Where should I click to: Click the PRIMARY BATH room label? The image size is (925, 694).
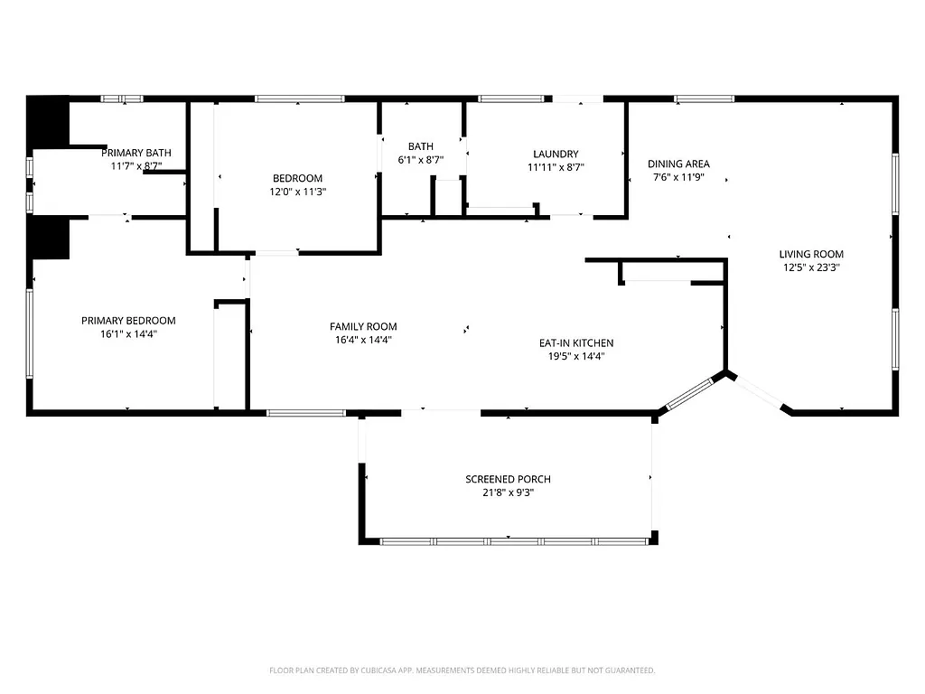(135, 153)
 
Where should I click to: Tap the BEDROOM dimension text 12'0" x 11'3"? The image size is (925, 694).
(297, 192)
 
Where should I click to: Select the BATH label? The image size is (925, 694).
(420, 146)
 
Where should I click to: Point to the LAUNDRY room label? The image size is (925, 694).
(556, 155)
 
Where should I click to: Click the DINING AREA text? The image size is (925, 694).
(678, 164)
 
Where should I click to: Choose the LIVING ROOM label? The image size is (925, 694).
(812, 255)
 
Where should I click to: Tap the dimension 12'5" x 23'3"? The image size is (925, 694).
(812, 267)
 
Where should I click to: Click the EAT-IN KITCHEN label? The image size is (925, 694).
(576, 343)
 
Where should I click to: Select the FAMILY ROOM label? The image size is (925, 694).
(363, 327)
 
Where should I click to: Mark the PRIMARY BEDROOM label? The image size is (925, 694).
(128, 321)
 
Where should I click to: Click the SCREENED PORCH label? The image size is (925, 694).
(508, 479)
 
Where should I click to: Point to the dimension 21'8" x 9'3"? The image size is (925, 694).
(508, 492)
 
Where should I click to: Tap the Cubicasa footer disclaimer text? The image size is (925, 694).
(462, 671)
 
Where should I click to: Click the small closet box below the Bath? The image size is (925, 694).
(448, 197)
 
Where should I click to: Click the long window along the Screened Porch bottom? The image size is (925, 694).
(515, 541)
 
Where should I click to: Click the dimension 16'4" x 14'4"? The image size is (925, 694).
(363, 341)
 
